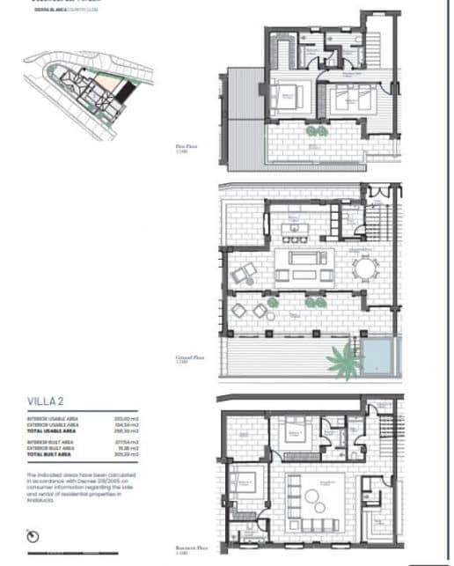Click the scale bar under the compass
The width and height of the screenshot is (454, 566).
(x=33, y=550)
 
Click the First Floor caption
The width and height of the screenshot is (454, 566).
(x=186, y=151)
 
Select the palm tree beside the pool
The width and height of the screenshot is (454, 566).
(x=343, y=360)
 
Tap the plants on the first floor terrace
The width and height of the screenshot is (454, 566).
(x=314, y=131)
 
